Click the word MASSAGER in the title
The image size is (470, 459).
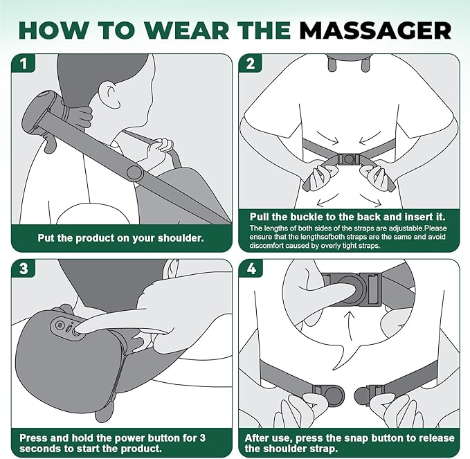375,30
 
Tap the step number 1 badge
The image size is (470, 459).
24,64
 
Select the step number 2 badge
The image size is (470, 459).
251,64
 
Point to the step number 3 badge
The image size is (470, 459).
24,269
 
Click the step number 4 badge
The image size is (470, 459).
251,269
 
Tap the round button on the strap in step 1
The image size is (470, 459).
134,172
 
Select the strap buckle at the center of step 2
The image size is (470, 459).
349,159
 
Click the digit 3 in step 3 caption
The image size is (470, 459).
203,438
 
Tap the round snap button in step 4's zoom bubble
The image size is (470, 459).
349,289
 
